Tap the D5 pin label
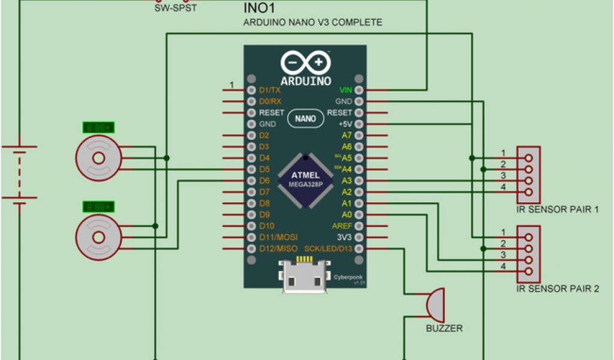point(264,169)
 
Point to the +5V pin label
point(344,124)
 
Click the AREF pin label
point(342,226)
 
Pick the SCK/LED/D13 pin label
point(328,248)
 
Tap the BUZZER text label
point(444,328)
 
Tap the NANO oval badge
point(305,119)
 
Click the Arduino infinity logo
point(305,63)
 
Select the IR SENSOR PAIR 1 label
point(558,209)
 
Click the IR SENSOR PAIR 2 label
point(558,289)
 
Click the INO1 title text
point(260,8)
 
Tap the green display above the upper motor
point(99,128)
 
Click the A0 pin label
point(346,214)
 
